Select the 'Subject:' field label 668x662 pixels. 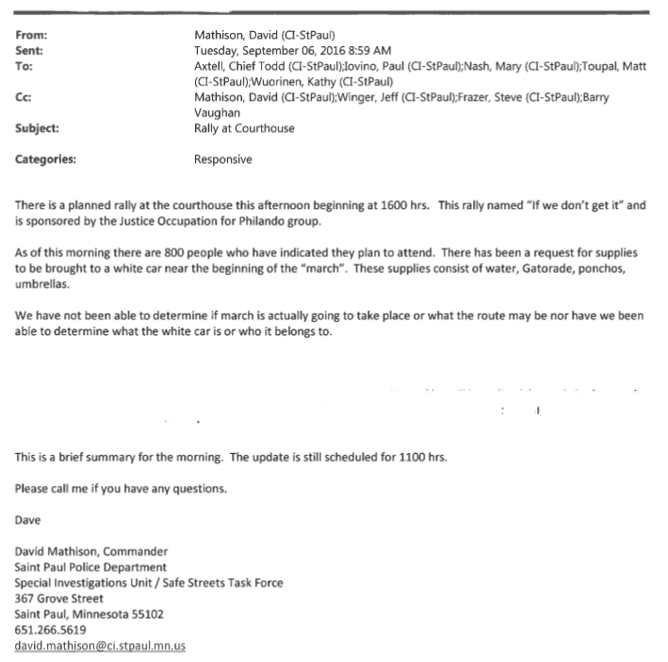coord(37,128)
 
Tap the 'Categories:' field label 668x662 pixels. coord(46,159)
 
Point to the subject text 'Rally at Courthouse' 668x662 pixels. coord(244,128)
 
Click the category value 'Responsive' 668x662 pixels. coord(223,159)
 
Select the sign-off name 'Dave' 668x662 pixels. coord(28,519)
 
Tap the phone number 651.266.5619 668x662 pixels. coord(52,629)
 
